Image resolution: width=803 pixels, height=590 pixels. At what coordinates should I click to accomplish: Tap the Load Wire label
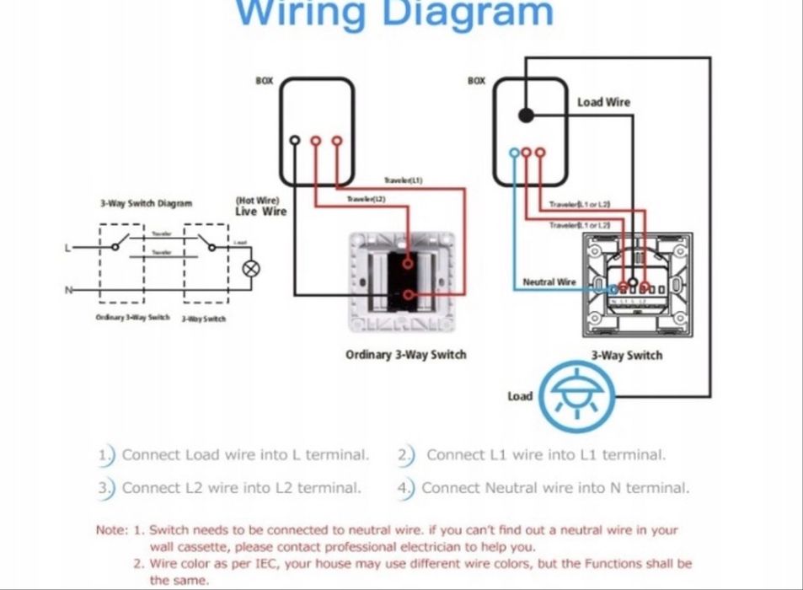point(603,102)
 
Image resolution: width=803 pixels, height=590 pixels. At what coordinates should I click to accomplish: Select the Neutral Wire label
point(549,282)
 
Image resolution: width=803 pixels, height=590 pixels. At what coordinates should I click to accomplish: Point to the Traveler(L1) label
point(403,180)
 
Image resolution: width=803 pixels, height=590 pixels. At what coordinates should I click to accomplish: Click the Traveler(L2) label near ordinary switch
point(366,198)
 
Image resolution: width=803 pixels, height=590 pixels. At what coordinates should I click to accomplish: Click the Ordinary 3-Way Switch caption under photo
point(405,355)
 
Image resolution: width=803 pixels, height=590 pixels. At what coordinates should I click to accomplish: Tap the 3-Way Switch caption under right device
point(626,355)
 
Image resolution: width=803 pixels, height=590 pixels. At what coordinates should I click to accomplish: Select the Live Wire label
point(260,212)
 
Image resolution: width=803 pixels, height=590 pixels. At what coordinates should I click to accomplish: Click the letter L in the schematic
point(68,248)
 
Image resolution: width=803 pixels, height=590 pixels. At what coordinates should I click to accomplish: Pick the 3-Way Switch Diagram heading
point(146,203)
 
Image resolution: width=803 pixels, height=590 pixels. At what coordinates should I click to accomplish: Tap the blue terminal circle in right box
point(513,153)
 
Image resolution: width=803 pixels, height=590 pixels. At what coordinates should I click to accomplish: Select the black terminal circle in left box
point(294,141)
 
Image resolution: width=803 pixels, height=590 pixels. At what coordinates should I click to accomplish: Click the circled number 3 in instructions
point(104,488)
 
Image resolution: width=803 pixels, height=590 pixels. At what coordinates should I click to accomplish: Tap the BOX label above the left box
point(264,82)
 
